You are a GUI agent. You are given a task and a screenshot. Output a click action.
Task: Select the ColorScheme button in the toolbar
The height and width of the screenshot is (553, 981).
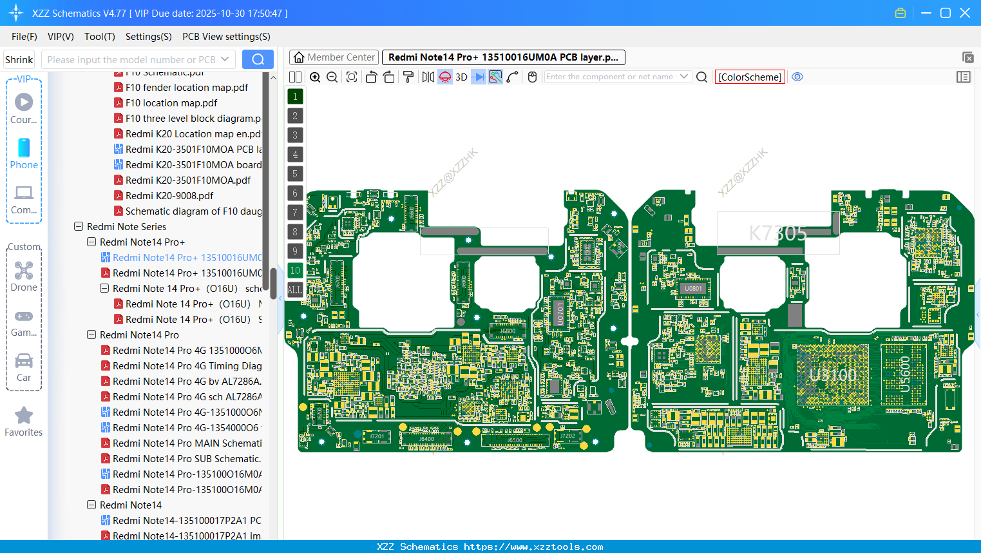tap(750, 77)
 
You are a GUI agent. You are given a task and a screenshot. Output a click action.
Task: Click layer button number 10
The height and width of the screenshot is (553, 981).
tap(295, 271)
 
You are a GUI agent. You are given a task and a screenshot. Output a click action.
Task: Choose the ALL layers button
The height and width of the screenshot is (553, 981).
tap(295, 290)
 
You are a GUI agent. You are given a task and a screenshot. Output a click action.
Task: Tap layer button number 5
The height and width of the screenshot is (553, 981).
tap(295, 174)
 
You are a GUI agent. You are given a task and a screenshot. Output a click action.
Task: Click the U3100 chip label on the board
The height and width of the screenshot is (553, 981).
tap(833, 375)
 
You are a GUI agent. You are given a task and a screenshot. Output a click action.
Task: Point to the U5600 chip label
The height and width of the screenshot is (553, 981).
tap(905, 374)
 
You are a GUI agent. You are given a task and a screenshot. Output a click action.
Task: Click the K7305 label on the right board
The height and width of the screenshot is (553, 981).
tap(777, 233)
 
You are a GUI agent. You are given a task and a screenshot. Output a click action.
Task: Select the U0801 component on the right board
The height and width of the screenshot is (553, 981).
tap(693, 288)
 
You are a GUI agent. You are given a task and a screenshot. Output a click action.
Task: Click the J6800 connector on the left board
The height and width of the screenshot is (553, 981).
tap(508, 331)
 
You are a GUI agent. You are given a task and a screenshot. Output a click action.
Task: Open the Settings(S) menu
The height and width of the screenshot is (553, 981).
tap(148, 37)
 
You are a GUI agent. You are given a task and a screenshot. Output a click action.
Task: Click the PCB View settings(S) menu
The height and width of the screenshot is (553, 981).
tap(226, 37)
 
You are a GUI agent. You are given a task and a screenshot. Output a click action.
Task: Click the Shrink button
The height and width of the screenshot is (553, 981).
tap(19, 60)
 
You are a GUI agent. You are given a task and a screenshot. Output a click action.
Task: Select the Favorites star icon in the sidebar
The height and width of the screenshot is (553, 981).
tap(24, 416)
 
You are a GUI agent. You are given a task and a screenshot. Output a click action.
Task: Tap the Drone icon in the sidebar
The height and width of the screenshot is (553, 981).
tap(24, 271)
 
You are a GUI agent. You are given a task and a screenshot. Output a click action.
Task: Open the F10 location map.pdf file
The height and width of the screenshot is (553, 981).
tap(171, 103)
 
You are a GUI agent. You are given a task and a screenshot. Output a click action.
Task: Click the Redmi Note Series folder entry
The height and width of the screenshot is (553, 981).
tap(126, 227)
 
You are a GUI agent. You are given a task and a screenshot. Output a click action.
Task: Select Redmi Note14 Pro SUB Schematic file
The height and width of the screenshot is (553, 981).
tap(186, 459)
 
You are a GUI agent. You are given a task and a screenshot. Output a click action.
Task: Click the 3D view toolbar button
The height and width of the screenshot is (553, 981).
tap(461, 77)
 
